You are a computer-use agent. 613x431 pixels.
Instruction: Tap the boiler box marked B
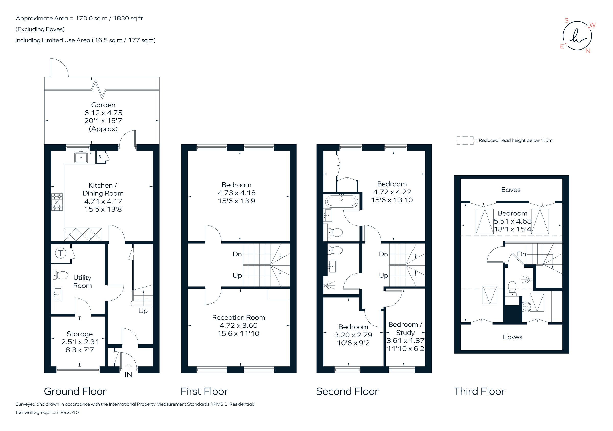point(100,157)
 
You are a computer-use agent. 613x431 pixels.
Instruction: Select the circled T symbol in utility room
point(61,253)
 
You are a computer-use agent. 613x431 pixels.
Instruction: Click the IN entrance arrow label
point(128,375)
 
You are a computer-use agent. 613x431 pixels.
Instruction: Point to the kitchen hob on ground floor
point(57,202)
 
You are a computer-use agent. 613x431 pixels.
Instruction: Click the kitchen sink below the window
point(81,157)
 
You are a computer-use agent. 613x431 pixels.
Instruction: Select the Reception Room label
point(238,317)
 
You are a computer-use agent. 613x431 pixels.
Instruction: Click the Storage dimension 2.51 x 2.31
point(80,342)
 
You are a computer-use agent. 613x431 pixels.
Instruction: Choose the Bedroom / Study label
point(405,328)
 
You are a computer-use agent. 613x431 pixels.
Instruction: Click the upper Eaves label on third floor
point(511,190)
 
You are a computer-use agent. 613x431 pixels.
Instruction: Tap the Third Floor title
point(479,391)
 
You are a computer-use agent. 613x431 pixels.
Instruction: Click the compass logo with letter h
point(577,36)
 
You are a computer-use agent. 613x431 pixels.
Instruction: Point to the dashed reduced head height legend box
point(465,141)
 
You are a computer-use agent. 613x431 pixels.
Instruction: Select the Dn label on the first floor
point(237,254)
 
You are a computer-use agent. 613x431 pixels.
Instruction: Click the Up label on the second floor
point(383,275)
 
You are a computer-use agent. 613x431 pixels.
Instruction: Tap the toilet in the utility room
point(61,275)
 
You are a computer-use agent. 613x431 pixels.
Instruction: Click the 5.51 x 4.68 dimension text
point(512,221)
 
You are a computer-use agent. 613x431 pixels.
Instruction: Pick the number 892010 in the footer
point(70,412)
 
